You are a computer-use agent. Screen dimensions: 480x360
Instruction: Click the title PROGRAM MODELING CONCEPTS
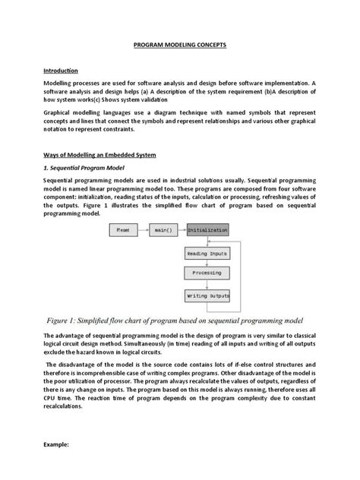click(180, 45)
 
